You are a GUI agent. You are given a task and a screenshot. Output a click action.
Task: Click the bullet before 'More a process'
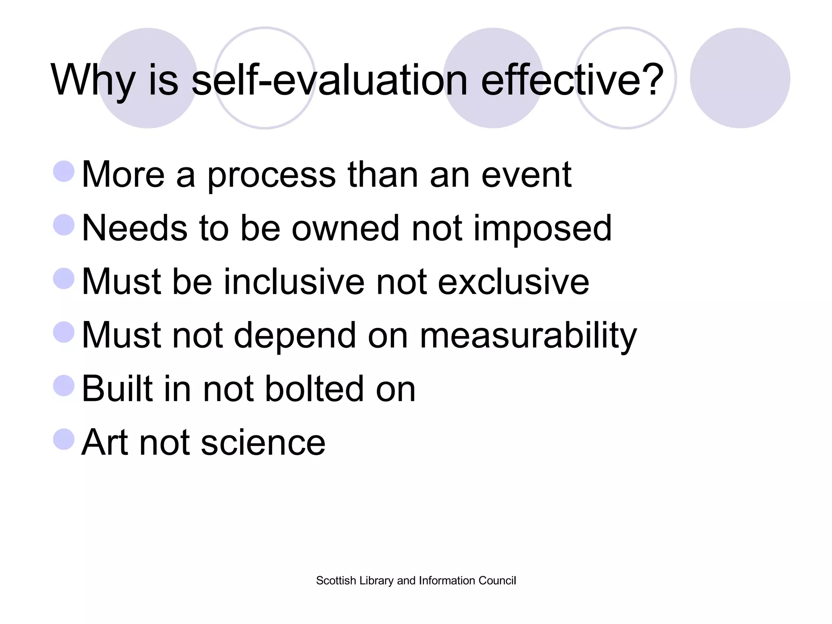coord(64,171)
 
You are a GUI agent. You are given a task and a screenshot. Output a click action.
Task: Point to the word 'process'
coord(271,175)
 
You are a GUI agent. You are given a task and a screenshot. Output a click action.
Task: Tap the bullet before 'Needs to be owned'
coord(64,225)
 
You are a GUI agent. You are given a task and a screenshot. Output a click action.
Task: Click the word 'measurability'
coord(528,336)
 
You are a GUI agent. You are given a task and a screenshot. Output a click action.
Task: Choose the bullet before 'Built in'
coord(64,385)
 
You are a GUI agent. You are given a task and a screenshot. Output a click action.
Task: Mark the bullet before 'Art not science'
coord(64,439)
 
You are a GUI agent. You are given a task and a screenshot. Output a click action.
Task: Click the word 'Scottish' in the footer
coord(336,581)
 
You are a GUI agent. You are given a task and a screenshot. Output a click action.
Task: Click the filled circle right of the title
coord(740,78)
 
